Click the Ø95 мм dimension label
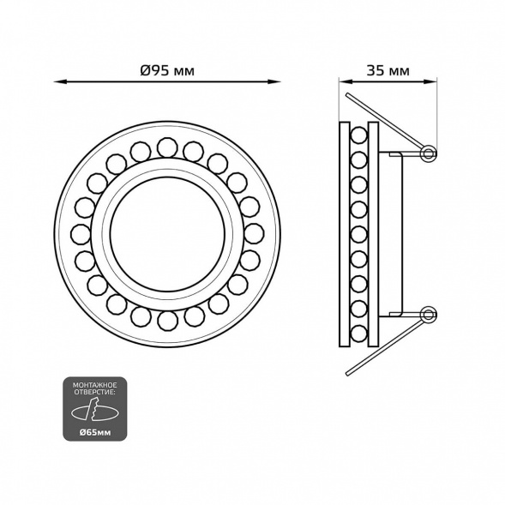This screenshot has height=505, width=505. click(167, 70)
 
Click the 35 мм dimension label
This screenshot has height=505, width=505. click(388, 70)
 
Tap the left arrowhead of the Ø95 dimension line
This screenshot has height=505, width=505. click(61, 81)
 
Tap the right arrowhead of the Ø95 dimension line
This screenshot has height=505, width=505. click(274, 81)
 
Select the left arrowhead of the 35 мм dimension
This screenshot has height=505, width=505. click(346, 81)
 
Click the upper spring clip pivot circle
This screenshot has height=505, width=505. click(429, 153)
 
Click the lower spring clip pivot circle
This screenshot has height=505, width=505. click(429, 315)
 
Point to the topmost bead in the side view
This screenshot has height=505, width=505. click(359, 135)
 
